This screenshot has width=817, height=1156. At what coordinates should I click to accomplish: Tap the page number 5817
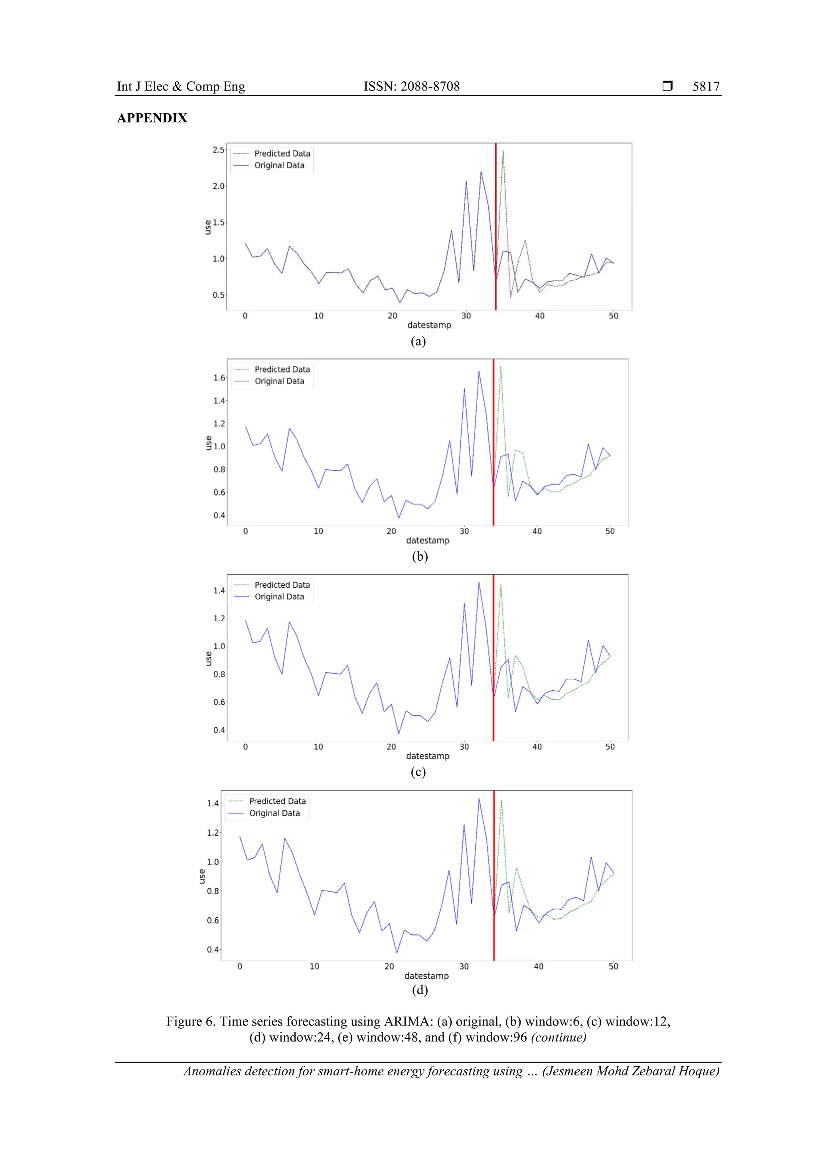pyautogui.click(x=706, y=87)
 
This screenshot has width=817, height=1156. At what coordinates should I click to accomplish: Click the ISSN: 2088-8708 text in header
pyautogui.click(x=411, y=87)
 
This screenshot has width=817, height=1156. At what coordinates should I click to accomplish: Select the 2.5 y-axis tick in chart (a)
pyautogui.click(x=218, y=150)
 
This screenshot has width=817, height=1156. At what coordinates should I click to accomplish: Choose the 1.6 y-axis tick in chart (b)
pyautogui.click(x=219, y=377)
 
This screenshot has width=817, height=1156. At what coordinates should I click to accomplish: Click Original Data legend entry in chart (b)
pyautogui.click(x=279, y=381)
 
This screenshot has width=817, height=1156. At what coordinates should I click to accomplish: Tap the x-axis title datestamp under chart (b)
pyautogui.click(x=427, y=540)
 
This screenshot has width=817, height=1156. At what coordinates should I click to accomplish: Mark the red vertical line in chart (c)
pyautogui.click(x=493, y=654)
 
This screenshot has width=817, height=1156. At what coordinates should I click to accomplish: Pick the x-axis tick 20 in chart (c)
pyautogui.click(x=391, y=747)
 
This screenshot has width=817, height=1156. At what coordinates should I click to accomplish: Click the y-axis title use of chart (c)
pyautogui.click(x=208, y=658)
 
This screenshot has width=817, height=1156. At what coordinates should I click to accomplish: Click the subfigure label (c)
pyautogui.click(x=418, y=772)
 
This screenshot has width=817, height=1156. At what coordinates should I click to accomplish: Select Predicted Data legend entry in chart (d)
pyautogui.click(x=277, y=801)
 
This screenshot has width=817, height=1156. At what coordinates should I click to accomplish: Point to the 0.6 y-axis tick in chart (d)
pyautogui.click(x=213, y=920)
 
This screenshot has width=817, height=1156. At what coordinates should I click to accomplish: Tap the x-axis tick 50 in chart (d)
pyautogui.click(x=613, y=966)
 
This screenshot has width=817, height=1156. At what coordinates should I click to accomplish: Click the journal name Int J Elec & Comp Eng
pyautogui.click(x=181, y=87)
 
